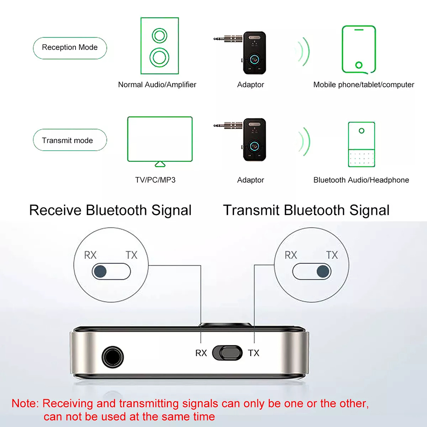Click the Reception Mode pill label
pyautogui.click(x=70, y=47)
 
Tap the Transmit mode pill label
pyautogui.click(x=67, y=140)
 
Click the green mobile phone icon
pyautogui.click(x=359, y=49)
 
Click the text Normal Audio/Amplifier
pyautogui.click(x=157, y=85)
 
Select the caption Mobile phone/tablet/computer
pyautogui.click(x=364, y=85)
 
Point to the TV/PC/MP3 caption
pyautogui.click(x=155, y=180)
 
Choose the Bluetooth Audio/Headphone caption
pyautogui.click(x=361, y=180)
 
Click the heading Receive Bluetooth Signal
pyautogui.click(x=110, y=210)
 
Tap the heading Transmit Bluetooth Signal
pyautogui.click(x=306, y=210)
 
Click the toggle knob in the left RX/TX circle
pyautogui.click(x=101, y=270)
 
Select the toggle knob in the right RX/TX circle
pyautogui.click(x=323, y=271)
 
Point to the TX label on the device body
pyautogui.click(x=254, y=353)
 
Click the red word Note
pyautogui.click(x=25, y=403)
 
